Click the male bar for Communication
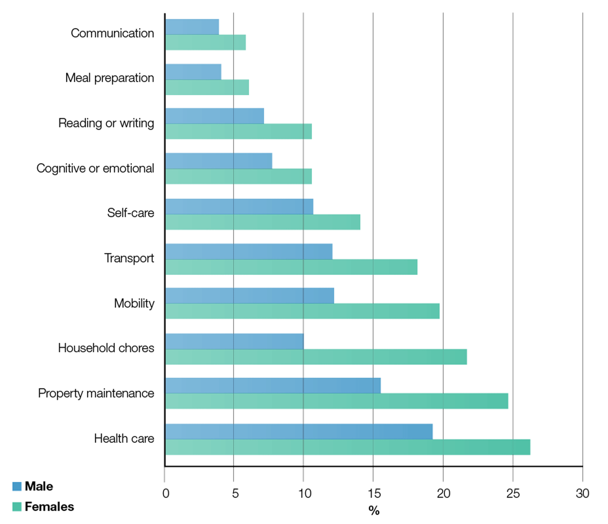[192, 27]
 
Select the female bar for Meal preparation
[207, 87]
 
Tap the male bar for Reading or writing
[215, 116]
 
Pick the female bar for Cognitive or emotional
[239, 176]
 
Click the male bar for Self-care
[239, 206]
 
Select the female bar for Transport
[291, 267]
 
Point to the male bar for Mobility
[250, 295]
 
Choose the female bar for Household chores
[316, 357]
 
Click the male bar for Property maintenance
[273, 386]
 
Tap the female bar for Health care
[348, 447]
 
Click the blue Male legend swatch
[17, 486]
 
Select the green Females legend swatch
[17, 507]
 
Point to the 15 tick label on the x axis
[374, 493]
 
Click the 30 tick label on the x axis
[582, 493]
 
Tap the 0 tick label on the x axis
[166, 493]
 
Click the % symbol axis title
[374, 510]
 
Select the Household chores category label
[106, 348]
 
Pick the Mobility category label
[134, 303]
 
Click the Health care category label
[124, 438]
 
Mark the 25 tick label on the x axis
[513, 493]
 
